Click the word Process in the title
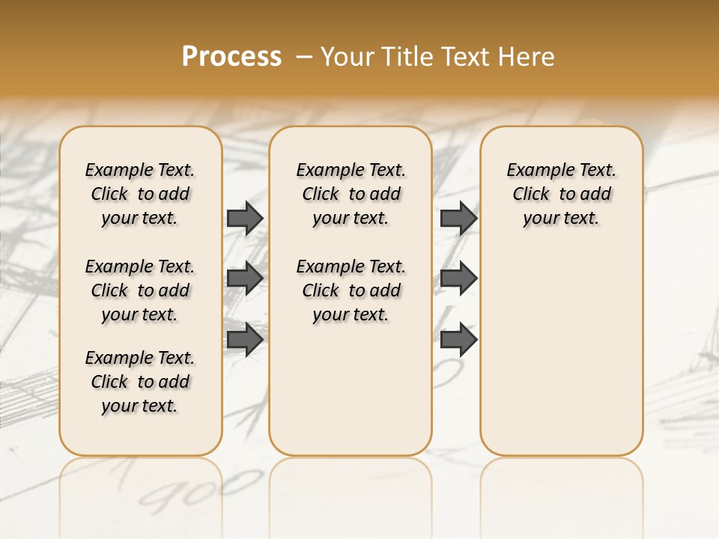tap(231, 57)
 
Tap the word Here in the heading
tap(526, 57)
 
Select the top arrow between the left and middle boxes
tap(244, 218)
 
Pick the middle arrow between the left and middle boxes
tap(244, 278)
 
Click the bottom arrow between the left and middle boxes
tap(244, 339)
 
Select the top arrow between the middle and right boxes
tap(458, 218)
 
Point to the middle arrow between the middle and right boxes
tap(458, 278)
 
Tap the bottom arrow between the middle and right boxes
tap(458, 339)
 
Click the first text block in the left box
tap(140, 194)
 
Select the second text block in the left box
tap(140, 290)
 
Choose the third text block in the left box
tap(140, 382)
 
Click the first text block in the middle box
tap(351, 194)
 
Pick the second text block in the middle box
tap(351, 290)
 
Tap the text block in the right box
tap(561, 194)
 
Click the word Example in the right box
tap(536, 171)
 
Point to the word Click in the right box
tap(531, 195)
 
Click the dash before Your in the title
tap(304, 57)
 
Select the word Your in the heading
tap(348, 57)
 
